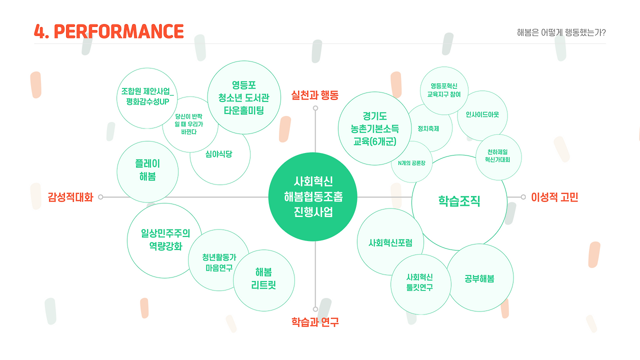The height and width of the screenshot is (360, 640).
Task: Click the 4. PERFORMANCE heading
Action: click(x=108, y=31)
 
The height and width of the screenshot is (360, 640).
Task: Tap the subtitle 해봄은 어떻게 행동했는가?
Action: click(x=561, y=33)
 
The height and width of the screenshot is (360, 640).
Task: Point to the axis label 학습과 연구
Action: click(x=315, y=322)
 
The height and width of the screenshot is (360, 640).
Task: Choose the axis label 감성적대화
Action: click(x=70, y=197)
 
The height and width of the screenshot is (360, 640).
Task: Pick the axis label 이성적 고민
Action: click(x=554, y=197)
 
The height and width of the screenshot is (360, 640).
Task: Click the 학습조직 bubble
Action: click(x=459, y=201)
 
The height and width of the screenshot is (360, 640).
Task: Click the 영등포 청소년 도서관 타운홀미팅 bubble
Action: click(x=243, y=97)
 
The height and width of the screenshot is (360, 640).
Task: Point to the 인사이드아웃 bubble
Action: click(x=482, y=115)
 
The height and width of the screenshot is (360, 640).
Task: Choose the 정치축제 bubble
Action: click(x=429, y=128)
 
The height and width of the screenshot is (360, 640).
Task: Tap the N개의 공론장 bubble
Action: click(x=411, y=162)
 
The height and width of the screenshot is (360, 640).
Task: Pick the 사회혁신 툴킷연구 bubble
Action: click(x=419, y=283)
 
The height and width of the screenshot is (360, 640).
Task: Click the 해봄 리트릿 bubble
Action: click(x=263, y=279)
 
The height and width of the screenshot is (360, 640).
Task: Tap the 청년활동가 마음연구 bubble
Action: click(x=219, y=262)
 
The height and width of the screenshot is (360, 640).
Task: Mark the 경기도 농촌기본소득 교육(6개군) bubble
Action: click(x=374, y=128)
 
